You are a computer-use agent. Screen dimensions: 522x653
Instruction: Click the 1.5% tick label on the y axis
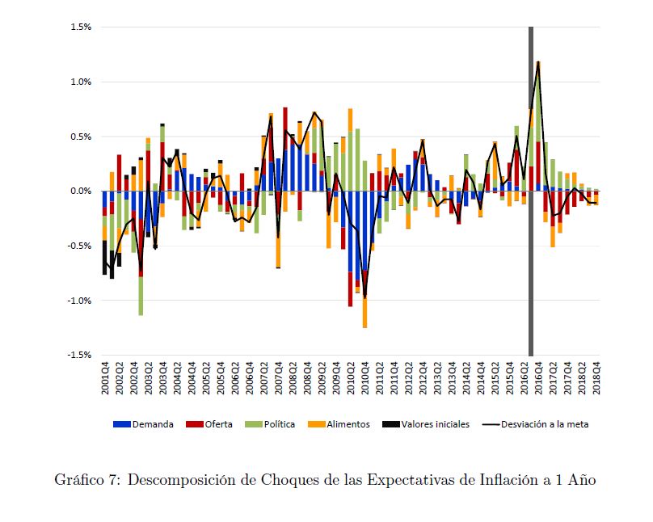pos(80,27)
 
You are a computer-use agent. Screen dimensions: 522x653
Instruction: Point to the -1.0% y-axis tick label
pos(78,301)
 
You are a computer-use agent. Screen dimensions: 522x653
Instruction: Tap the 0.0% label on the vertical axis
pos(80,192)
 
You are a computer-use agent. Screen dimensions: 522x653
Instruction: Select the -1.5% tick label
pos(78,355)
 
